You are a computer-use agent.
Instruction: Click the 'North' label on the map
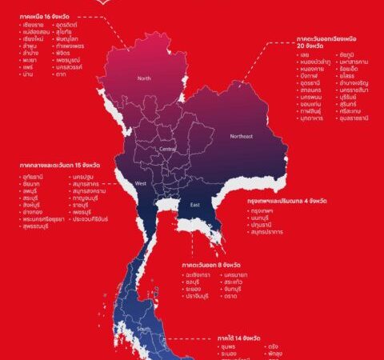pos(144,78)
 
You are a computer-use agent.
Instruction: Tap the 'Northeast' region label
pos(242,136)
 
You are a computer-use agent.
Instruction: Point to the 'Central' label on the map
pos(168,149)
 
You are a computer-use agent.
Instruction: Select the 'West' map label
pos(141,184)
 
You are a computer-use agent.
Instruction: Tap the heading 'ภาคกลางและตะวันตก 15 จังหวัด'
pos(56,166)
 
